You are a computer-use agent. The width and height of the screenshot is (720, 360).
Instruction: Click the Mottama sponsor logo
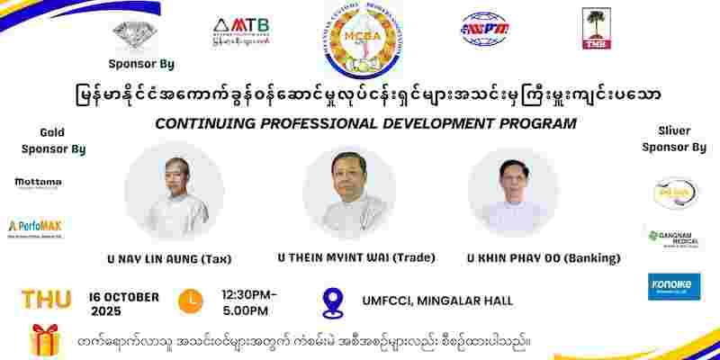(x=38, y=184)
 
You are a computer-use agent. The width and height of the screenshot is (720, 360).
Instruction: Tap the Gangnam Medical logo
(x=673, y=238)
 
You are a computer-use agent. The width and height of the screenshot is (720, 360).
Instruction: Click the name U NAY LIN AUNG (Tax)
(x=168, y=259)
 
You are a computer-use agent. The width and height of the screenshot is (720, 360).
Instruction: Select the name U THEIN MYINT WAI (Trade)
(x=357, y=257)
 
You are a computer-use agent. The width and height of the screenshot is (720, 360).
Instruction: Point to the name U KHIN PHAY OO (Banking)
(x=543, y=258)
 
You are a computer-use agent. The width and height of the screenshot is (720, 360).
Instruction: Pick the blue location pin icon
(x=334, y=302)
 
